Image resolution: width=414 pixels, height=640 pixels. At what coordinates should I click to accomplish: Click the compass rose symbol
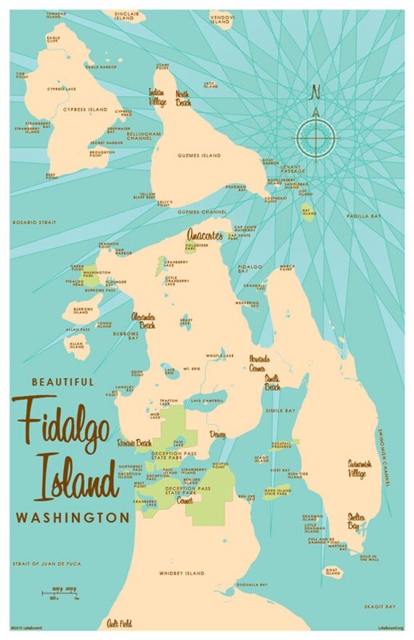315,136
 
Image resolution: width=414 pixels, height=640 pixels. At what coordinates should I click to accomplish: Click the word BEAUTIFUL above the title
62,381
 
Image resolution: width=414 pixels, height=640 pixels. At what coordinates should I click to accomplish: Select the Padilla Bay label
383,216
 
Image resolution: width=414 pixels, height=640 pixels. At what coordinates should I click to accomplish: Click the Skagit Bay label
380,606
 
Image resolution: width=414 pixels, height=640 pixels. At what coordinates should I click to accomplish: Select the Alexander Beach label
142,321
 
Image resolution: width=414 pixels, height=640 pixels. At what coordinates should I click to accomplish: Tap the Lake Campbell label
205,401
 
